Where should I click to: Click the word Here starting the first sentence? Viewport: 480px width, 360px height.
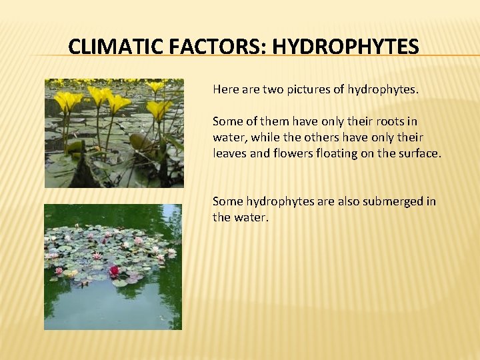click(225, 89)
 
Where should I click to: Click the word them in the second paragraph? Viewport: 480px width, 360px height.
click(270, 121)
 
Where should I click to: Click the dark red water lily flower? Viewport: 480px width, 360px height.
click(114, 271)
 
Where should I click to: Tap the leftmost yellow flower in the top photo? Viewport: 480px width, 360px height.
click(67, 101)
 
